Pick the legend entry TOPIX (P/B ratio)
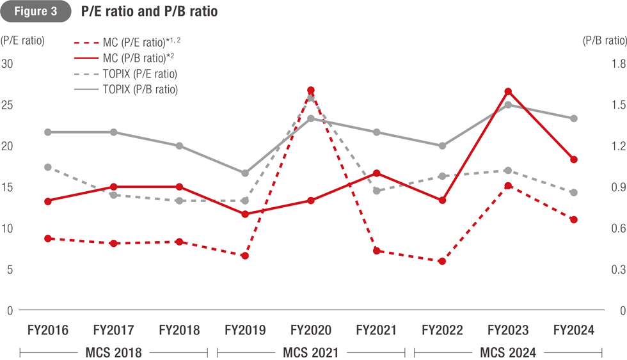(x=139, y=90)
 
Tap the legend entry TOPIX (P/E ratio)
(x=139, y=74)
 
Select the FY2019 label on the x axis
(x=245, y=331)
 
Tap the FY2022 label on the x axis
(x=442, y=331)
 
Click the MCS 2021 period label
(x=311, y=352)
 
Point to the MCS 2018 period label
(x=114, y=352)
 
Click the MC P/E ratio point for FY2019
(x=245, y=256)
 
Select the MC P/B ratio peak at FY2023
(x=508, y=91)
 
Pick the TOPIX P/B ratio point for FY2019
(x=245, y=173)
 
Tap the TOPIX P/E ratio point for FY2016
(x=48, y=167)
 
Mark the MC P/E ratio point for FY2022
(x=442, y=262)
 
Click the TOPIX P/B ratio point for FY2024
(x=574, y=118)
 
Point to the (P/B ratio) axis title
(x=604, y=41)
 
